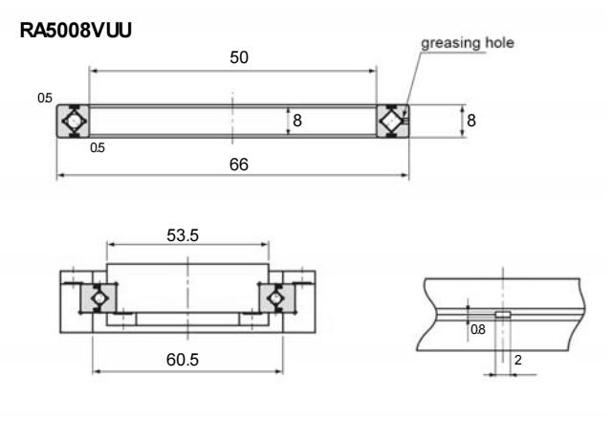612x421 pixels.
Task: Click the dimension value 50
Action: click(238, 57)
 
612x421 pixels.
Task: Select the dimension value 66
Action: click(238, 165)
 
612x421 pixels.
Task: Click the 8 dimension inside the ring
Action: click(297, 122)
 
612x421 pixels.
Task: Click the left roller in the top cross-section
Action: click(74, 122)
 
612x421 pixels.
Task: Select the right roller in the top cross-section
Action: click(390, 122)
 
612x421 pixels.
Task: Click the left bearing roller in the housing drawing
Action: click(96, 299)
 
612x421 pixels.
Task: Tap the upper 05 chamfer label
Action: click(44, 98)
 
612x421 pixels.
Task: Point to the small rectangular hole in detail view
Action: click(503, 313)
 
